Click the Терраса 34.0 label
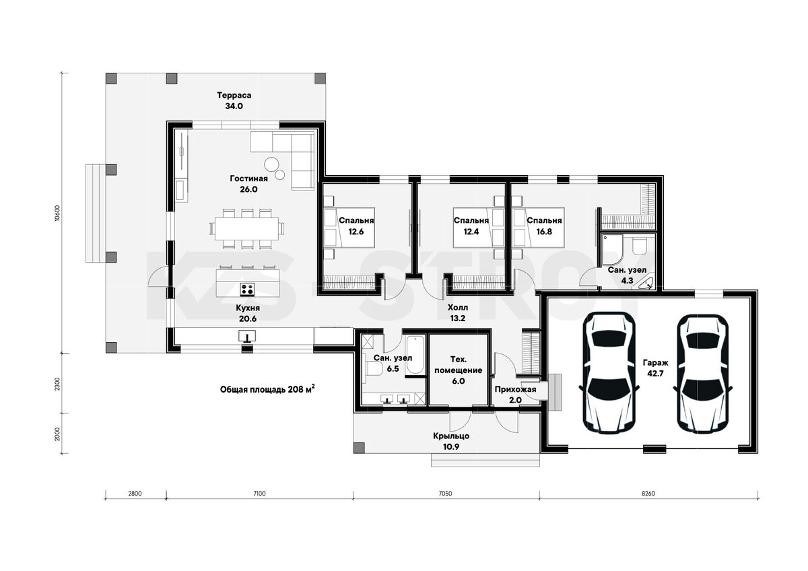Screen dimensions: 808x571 (x=234, y=100)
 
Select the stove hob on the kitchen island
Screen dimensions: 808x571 (x=248, y=290)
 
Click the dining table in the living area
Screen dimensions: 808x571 (x=246, y=228)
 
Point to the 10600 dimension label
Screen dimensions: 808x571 (x=57, y=213)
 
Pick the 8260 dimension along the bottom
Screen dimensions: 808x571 (x=648, y=494)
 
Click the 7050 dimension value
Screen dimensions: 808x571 (x=446, y=494)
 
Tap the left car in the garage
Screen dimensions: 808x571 (x=609, y=373)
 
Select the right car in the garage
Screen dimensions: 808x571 (x=703, y=373)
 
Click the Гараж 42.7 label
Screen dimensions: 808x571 (x=655, y=368)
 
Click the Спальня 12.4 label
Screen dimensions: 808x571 (x=471, y=226)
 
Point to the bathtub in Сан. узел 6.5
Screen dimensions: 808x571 (x=415, y=356)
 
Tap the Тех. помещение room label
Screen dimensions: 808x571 (x=458, y=370)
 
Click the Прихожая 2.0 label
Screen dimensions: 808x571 (x=515, y=395)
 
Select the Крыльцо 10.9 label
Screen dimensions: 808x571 (x=451, y=442)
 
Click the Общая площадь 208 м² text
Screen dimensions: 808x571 (x=267, y=389)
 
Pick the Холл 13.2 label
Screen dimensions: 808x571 (x=458, y=312)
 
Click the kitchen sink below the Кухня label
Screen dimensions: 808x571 (x=247, y=336)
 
